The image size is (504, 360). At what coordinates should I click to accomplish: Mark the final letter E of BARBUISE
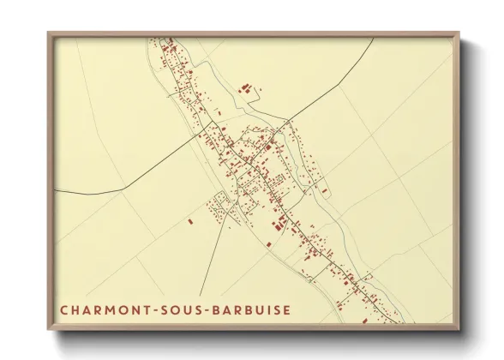point(285,309)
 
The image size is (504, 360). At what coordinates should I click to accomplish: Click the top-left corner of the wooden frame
point(48,33)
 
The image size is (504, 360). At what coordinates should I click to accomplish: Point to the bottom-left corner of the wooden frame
point(48,330)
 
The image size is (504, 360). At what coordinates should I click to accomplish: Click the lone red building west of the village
point(190,221)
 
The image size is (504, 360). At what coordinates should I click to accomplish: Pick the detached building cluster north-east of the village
point(247,87)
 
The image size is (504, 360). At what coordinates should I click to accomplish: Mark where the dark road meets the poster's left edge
point(55,189)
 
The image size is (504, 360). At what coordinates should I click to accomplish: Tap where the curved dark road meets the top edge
point(375,39)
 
